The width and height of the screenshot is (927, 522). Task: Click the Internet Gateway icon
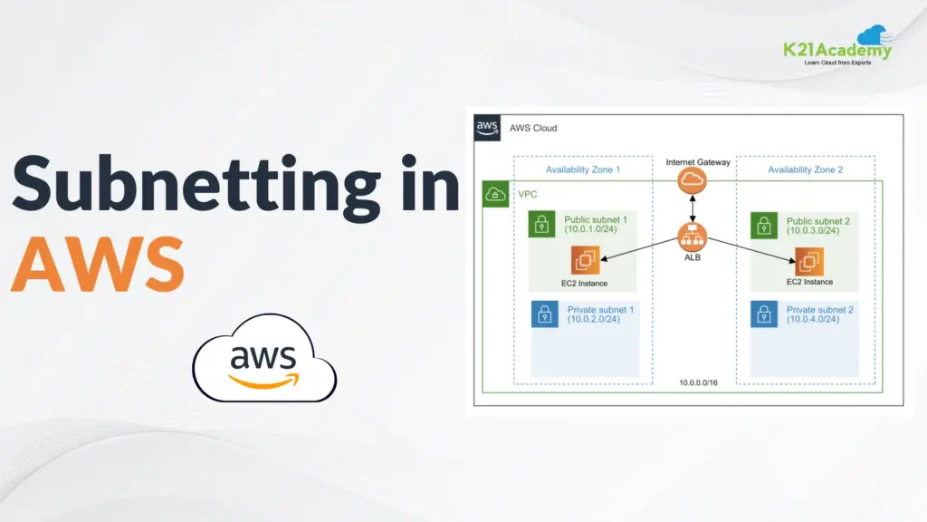pyautogui.click(x=692, y=181)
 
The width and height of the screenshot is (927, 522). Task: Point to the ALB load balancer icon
pyautogui.click(x=692, y=238)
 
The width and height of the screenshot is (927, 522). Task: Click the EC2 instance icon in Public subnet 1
pyautogui.click(x=585, y=262)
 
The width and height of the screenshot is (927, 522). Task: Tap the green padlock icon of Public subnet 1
pyautogui.click(x=542, y=226)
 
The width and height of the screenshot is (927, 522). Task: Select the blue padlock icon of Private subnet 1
pyautogui.click(x=543, y=314)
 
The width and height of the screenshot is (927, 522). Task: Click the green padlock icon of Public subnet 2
pyautogui.click(x=764, y=226)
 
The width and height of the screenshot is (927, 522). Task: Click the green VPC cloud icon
pyautogui.click(x=495, y=194)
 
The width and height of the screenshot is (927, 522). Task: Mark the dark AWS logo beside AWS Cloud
pyautogui.click(x=487, y=128)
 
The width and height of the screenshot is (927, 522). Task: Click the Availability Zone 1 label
pyautogui.click(x=582, y=169)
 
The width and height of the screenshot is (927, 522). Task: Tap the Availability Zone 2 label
pyautogui.click(x=805, y=169)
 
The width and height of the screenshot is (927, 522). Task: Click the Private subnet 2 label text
pyautogui.click(x=819, y=310)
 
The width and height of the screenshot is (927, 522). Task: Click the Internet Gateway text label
pyautogui.click(x=697, y=161)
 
